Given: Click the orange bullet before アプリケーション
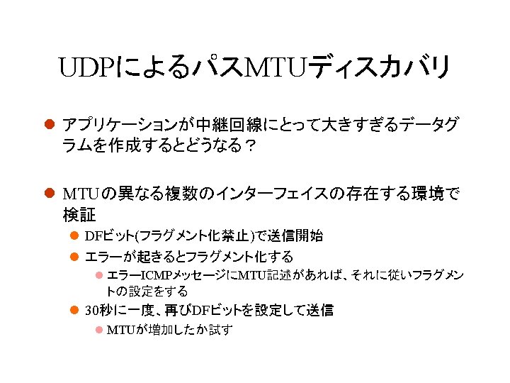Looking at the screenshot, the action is tap(50, 126).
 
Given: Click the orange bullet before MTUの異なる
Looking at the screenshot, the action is tap(50, 193).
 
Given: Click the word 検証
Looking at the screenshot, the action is tap(79, 214).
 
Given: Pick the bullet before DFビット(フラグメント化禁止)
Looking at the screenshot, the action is tap(74, 236).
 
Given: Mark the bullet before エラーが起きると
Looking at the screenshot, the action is tap(74, 256).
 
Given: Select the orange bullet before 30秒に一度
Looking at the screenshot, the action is tap(74, 310).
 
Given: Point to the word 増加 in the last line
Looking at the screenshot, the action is tap(160, 330).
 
